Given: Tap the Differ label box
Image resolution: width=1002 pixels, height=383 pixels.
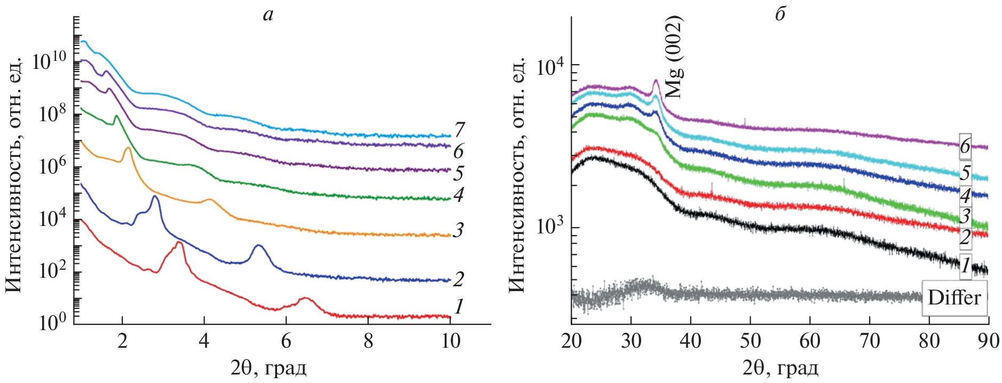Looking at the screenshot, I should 954,298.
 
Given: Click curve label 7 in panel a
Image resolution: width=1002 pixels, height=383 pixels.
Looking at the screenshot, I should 459,129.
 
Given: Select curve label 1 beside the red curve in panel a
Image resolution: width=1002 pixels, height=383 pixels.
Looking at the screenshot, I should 458,307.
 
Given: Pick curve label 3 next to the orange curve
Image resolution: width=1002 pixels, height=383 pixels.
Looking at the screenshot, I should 458,230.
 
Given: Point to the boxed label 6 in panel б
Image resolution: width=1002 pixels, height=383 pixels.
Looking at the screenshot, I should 965,146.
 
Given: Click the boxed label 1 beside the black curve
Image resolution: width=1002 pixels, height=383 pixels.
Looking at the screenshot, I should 965,265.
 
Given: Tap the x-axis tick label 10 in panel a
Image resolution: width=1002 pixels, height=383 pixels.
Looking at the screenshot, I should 451,341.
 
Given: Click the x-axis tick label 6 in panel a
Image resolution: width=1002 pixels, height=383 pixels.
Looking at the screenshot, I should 286,341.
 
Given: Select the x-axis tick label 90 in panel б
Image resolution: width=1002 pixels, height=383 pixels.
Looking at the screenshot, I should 988,341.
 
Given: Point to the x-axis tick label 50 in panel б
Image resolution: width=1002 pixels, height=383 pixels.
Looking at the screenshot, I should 750,341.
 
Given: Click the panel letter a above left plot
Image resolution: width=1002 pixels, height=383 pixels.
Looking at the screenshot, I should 268,15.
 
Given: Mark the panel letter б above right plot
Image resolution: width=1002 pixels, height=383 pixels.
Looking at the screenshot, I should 780,14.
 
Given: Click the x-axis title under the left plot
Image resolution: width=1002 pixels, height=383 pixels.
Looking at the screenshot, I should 269,368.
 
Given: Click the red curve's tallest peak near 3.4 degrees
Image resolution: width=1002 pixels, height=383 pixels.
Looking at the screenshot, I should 179,243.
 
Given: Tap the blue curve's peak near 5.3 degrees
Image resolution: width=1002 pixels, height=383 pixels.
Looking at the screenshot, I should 258,246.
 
